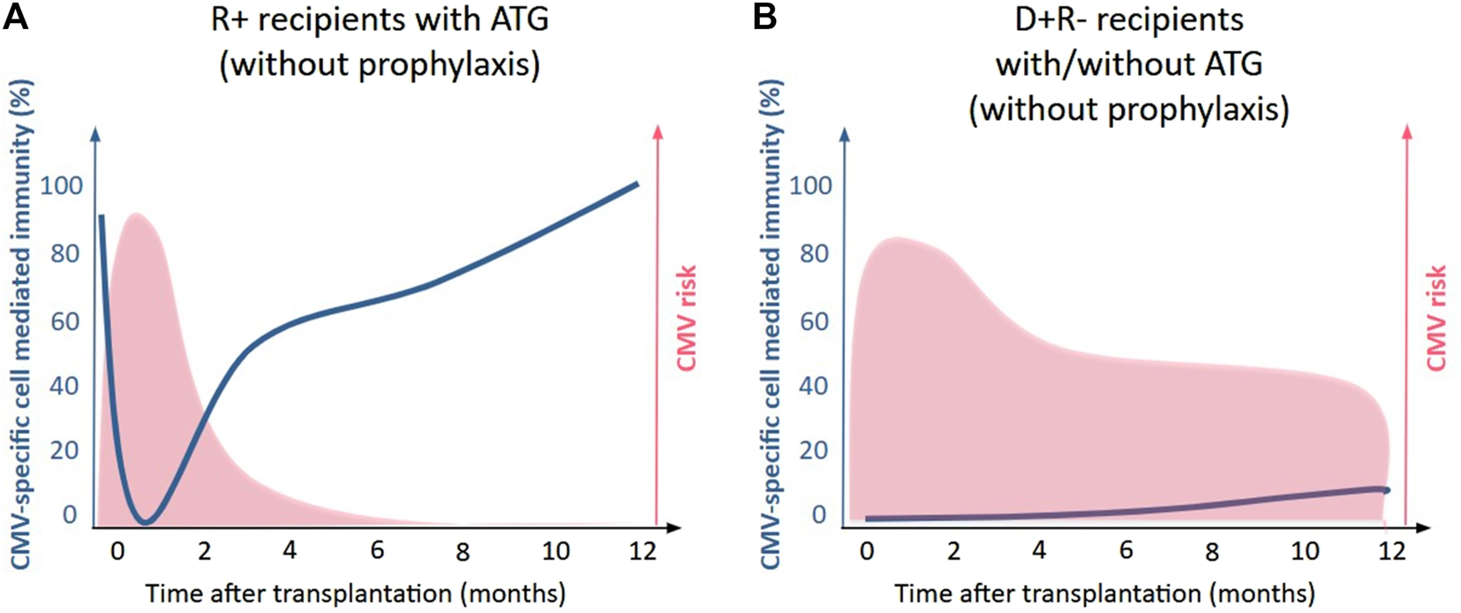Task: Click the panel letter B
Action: (x=764, y=17)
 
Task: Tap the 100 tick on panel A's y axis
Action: (x=62, y=185)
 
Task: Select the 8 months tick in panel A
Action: (x=463, y=552)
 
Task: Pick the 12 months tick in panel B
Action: (x=1391, y=550)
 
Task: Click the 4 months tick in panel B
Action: (x=1039, y=550)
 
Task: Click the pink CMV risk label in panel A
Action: (x=686, y=318)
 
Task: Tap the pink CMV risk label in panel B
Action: (x=1436, y=318)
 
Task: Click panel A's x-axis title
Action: (x=355, y=592)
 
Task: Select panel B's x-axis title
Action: (x=1104, y=592)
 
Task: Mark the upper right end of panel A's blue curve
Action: (x=636, y=184)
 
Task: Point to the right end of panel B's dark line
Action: (x=1387, y=489)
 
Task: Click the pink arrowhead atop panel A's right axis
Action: (x=657, y=131)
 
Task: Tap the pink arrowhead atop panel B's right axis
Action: (x=1407, y=131)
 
